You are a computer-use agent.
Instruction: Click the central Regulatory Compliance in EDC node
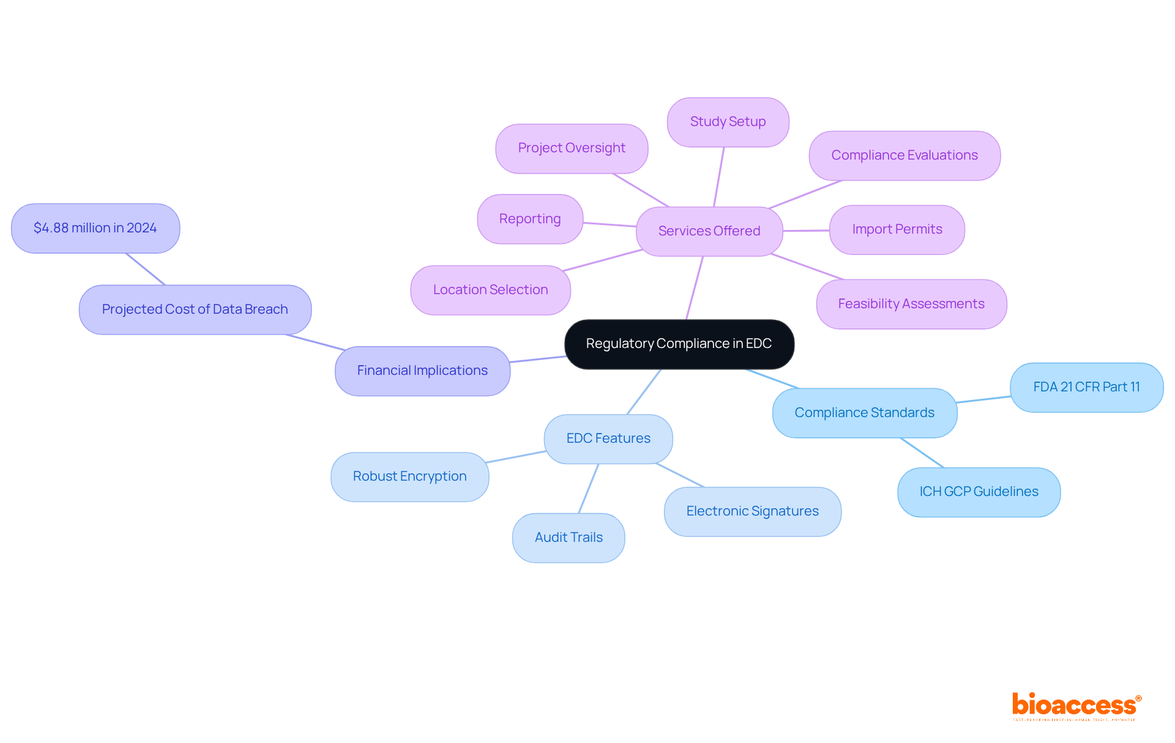click(679, 344)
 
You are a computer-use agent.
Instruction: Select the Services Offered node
click(709, 231)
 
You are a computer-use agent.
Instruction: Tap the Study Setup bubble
click(728, 122)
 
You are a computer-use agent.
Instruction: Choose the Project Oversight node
click(572, 148)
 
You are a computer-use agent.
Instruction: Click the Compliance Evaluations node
click(905, 155)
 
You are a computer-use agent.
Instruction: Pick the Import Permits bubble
click(897, 229)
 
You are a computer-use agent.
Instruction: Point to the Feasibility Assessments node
click(911, 304)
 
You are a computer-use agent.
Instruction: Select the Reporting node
click(530, 219)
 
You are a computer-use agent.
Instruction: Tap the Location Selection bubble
click(490, 290)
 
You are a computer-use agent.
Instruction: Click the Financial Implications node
click(422, 371)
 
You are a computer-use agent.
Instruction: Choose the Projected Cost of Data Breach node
click(195, 309)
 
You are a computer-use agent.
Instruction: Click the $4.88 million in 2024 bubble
click(95, 228)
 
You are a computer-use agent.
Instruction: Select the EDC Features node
click(608, 438)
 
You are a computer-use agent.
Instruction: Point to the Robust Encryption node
click(409, 476)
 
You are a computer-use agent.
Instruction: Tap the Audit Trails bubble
click(569, 538)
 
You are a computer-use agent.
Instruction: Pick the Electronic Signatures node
click(752, 511)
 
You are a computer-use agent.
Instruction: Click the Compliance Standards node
click(864, 413)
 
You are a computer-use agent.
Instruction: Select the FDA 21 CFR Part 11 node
click(1086, 387)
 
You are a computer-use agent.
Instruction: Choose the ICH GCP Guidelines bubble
click(979, 492)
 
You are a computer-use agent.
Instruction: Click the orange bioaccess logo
click(1075, 706)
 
